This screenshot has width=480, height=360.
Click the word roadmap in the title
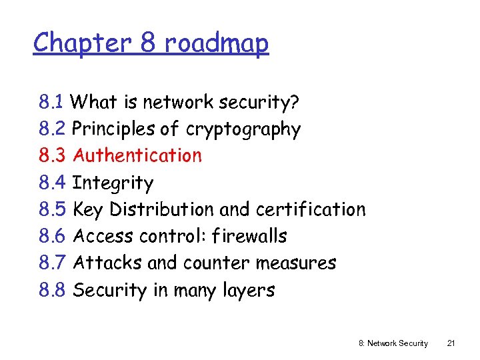pyautogui.click(x=216, y=43)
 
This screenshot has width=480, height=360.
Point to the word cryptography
pyautogui.click(x=243, y=129)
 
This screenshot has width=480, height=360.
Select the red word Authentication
pyautogui.click(x=137, y=155)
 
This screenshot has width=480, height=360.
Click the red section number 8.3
pyautogui.click(x=51, y=155)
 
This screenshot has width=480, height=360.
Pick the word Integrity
pyautogui.click(x=113, y=183)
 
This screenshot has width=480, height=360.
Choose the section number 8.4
pyautogui.click(x=51, y=183)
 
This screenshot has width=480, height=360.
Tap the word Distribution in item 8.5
pyautogui.click(x=162, y=209)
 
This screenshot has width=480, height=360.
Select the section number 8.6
pyautogui.click(x=51, y=236)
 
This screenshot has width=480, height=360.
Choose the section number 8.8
pyautogui.click(x=51, y=290)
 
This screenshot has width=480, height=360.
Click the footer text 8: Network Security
pyautogui.click(x=393, y=343)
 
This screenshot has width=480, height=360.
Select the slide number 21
pyautogui.click(x=451, y=343)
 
